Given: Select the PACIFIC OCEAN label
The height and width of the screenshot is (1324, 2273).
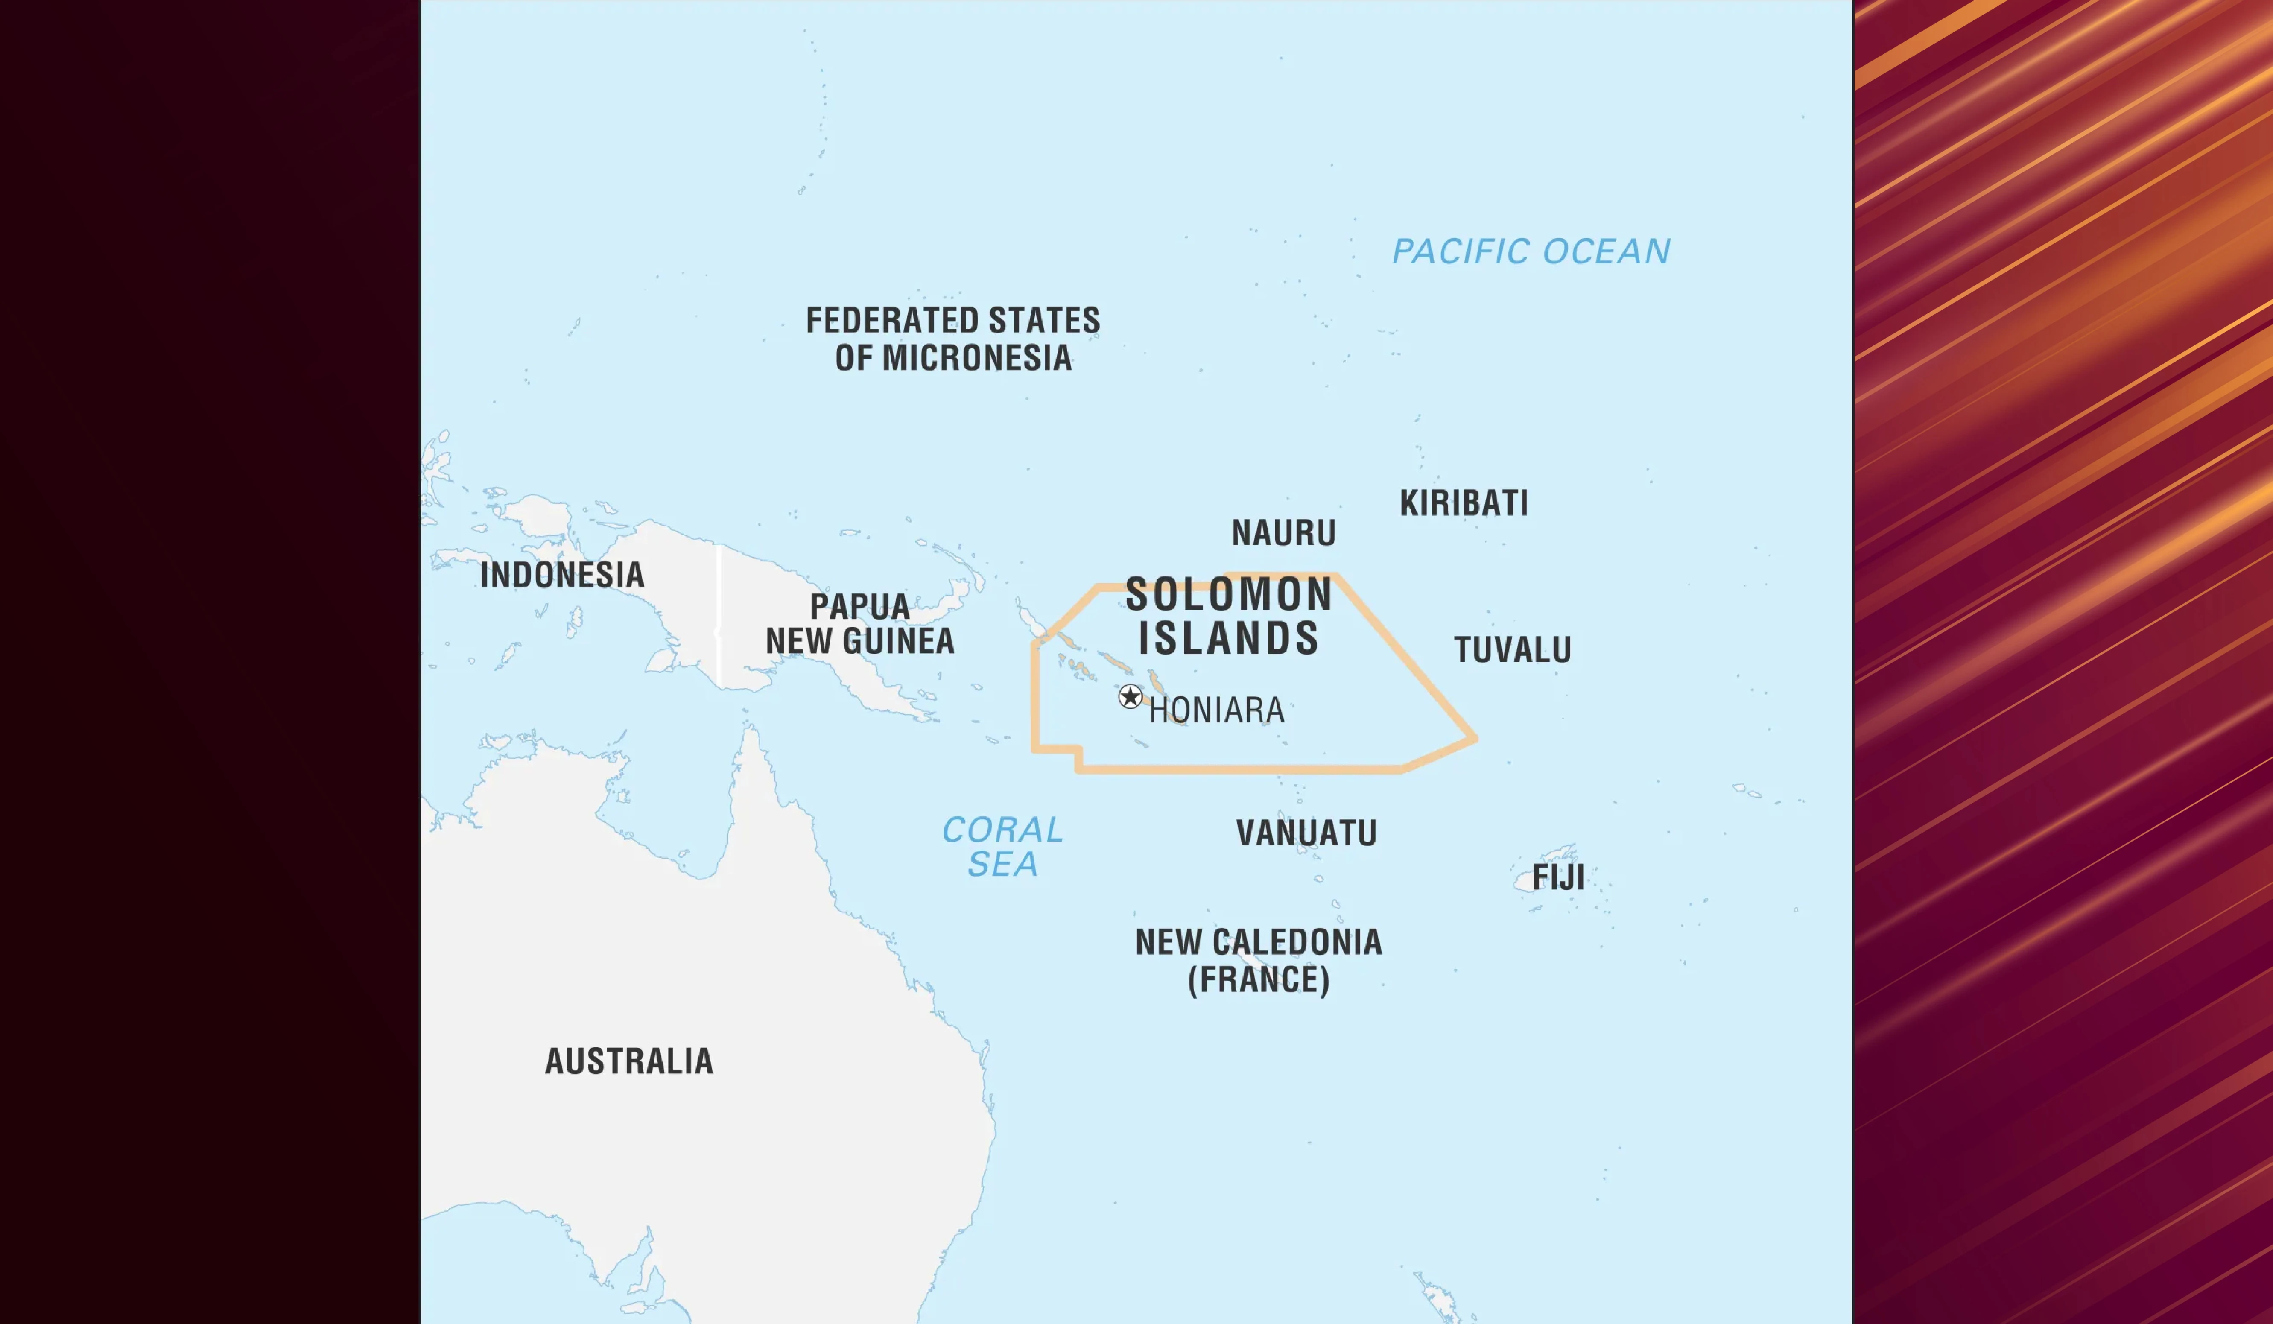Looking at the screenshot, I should coord(1531,251).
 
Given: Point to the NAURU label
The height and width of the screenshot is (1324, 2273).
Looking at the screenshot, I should coord(1283,533).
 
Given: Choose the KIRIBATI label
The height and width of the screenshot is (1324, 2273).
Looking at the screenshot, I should coord(1464,503).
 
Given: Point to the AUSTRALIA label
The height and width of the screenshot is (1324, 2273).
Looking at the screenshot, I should coord(629,1061).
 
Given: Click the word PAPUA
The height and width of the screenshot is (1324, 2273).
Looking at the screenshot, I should coord(859,607).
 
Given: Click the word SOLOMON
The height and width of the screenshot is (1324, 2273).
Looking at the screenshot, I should coord(1228,595).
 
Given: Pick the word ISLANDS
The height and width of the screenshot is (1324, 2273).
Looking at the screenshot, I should coord(1228,639).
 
